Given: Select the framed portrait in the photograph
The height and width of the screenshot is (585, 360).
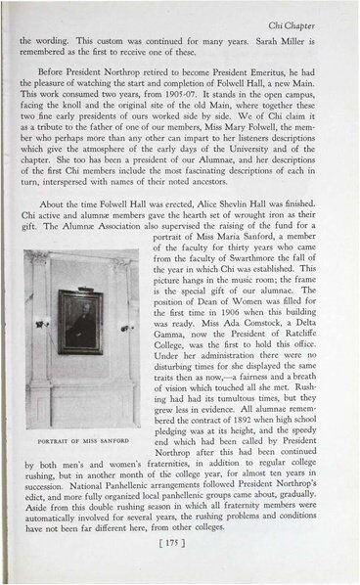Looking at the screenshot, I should pyautogui.click(x=80, y=320).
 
